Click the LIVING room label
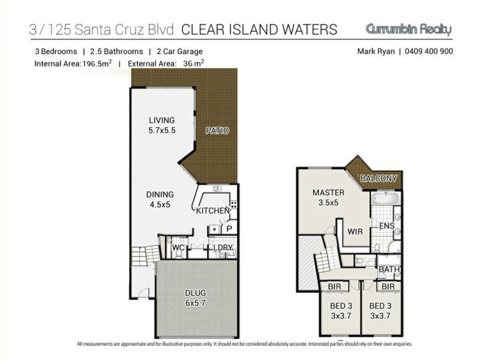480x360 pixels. pyautogui.click(x=161, y=121)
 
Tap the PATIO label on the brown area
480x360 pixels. pyautogui.click(x=217, y=131)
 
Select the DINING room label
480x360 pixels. pyautogui.click(x=160, y=194)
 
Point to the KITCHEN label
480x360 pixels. pyautogui.click(x=213, y=211)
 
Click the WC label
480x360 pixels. pyautogui.click(x=178, y=247)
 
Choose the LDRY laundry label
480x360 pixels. pyautogui.click(x=223, y=247)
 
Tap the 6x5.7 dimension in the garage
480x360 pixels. pyautogui.click(x=196, y=303)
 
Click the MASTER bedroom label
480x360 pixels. pyautogui.click(x=328, y=193)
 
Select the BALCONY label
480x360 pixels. pyautogui.click(x=379, y=178)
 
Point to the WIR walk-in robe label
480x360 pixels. pyautogui.click(x=355, y=232)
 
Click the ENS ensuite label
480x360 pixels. pyautogui.click(x=387, y=226)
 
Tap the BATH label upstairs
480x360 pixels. pyautogui.click(x=389, y=269)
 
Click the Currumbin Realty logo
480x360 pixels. pyautogui.click(x=409, y=29)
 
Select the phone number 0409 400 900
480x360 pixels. pyautogui.click(x=428, y=51)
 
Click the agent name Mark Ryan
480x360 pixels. pyautogui.click(x=376, y=52)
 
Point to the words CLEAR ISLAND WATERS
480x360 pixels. pyautogui.click(x=259, y=29)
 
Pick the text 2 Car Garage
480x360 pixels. pyautogui.click(x=179, y=52)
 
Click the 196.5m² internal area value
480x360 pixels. pyautogui.click(x=97, y=64)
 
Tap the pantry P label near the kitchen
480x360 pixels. pyautogui.click(x=229, y=229)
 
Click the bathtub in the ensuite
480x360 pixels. pyautogui.click(x=386, y=199)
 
